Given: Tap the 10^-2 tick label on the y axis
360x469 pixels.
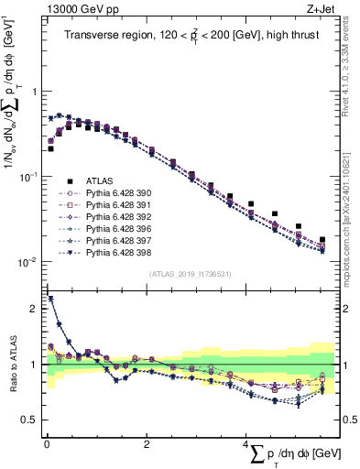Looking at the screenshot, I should (25, 262).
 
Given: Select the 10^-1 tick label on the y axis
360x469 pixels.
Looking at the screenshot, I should (25, 177).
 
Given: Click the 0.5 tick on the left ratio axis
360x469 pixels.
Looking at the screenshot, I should (30, 420).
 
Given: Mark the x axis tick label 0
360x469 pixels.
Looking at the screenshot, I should (46, 446).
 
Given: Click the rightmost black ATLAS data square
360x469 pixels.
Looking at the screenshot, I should (322, 240).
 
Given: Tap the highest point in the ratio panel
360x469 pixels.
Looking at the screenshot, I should (50, 298).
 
